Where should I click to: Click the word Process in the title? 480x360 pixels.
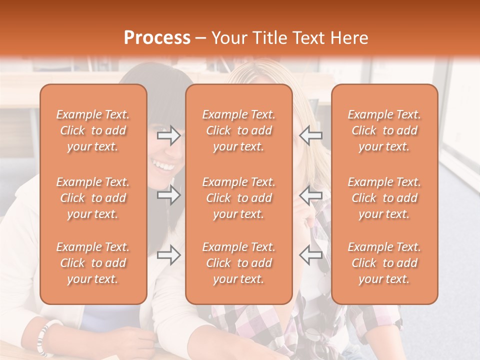click(x=157, y=38)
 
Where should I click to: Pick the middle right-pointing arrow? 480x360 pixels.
click(x=168, y=195)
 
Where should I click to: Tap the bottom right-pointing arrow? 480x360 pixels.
click(x=168, y=255)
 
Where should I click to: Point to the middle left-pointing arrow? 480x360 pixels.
click(x=311, y=195)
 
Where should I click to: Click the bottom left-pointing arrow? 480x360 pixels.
click(x=311, y=255)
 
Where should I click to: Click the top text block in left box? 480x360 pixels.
click(x=93, y=130)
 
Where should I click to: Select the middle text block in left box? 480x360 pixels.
click(x=93, y=198)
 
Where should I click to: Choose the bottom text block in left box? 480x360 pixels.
click(x=93, y=263)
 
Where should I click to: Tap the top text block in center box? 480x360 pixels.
click(x=238, y=130)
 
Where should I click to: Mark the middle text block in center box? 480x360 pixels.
click(x=238, y=198)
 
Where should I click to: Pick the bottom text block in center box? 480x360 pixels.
click(x=238, y=263)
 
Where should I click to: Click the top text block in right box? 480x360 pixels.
click(x=384, y=130)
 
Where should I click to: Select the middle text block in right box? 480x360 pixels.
click(x=384, y=198)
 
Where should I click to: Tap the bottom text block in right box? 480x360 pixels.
click(x=384, y=263)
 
